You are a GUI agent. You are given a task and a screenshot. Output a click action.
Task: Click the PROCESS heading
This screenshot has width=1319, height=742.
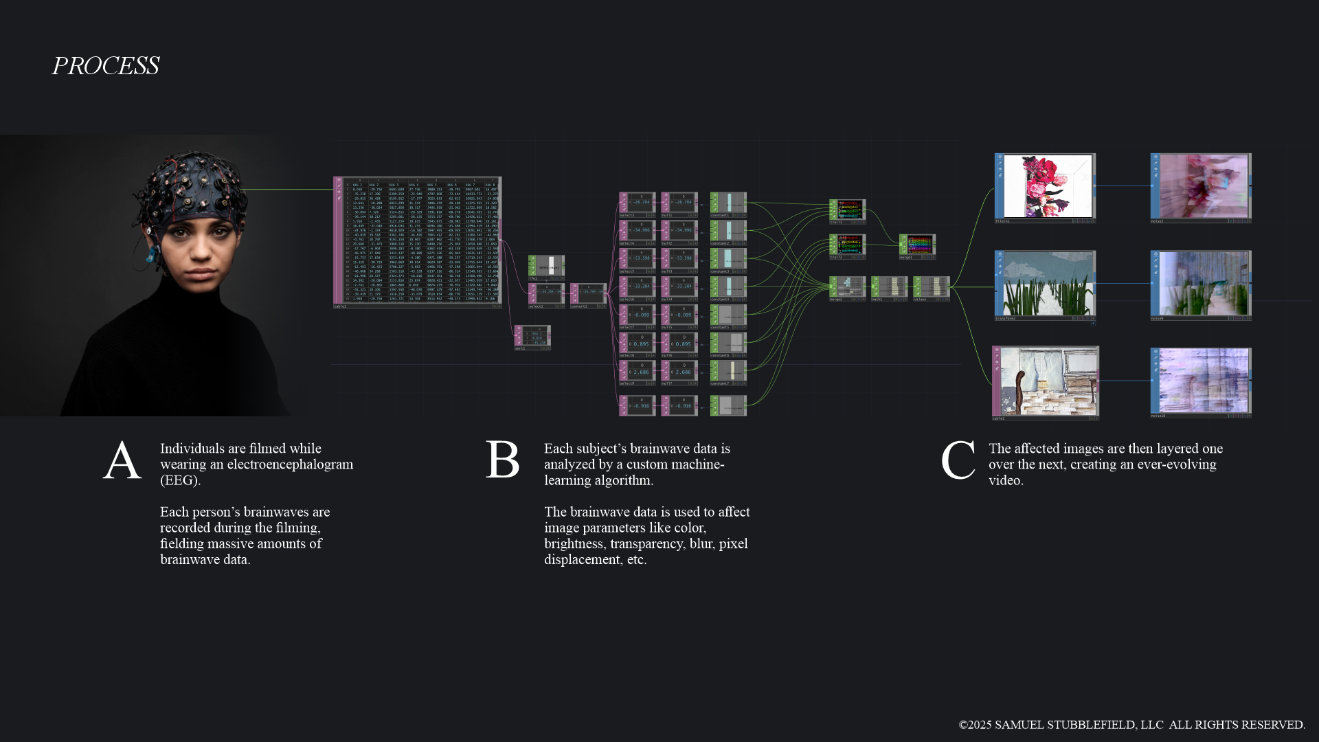[x=105, y=66]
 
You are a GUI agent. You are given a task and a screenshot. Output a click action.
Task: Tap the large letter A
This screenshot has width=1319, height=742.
[x=122, y=460]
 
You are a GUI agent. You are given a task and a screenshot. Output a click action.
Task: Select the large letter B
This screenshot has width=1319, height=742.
[x=502, y=460]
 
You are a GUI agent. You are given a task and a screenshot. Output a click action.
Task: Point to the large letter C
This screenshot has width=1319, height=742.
[x=958, y=460]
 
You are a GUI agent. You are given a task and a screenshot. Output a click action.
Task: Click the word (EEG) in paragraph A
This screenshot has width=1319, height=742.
[x=180, y=480]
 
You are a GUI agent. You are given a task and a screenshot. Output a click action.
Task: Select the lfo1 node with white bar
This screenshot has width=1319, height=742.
[x=547, y=267]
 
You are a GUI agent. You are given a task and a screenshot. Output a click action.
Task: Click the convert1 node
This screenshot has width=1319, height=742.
[x=589, y=293]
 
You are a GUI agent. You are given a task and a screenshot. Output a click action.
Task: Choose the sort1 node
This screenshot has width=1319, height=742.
[x=532, y=337]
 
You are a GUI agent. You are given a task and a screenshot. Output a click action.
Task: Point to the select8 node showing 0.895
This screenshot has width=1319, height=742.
[x=638, y=344]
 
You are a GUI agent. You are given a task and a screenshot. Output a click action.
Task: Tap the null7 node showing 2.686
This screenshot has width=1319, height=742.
[x=679, y=372]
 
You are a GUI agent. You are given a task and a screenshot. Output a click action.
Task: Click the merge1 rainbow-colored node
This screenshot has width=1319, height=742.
[x=917, y=245]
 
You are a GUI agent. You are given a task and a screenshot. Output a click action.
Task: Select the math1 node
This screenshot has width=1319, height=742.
[x=890, y=287]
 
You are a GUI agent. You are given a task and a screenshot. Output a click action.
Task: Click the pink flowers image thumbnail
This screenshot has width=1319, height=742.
[x=1045, y=185]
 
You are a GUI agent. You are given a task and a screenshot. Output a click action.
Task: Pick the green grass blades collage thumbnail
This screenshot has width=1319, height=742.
[x=1045, y=283]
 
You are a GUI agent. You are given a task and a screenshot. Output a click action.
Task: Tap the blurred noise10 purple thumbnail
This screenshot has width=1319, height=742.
[x=1201, y=381]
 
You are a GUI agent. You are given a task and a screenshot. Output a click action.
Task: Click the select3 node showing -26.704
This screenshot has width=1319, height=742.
[x=638, y=203]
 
